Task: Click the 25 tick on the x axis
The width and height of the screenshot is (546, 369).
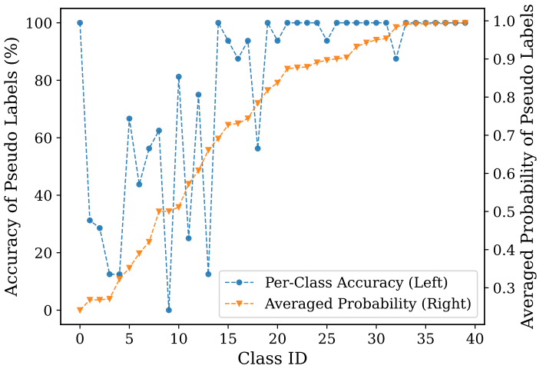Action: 326,337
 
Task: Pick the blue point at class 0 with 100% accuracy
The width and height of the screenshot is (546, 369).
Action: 80,23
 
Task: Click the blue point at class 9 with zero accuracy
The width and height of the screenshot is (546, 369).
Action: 169,310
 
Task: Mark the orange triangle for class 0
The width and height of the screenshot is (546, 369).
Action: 80,310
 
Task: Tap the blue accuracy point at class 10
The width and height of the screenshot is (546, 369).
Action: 179,77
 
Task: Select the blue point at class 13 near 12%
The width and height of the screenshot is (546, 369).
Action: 208,274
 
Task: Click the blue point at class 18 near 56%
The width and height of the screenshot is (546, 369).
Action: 258,148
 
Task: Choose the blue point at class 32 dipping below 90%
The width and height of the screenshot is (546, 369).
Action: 396,58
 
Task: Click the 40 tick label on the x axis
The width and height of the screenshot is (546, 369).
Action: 475,337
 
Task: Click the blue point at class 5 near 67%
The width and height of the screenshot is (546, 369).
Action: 129,118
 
